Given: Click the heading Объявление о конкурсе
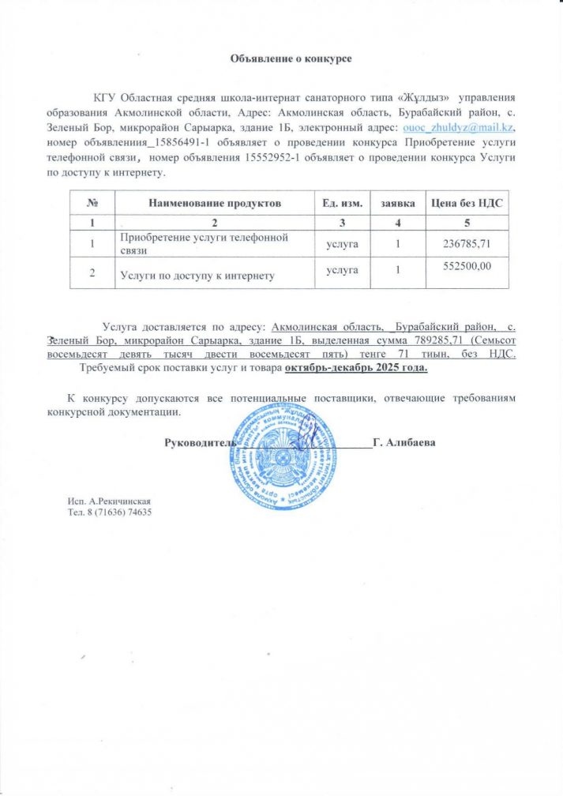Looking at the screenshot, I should click(x=290, y=58).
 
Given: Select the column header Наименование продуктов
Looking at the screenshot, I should click(x=214, y=203).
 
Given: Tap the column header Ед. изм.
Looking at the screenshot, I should click(x=343, y=203).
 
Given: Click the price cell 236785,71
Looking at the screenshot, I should click(x=468, y=243).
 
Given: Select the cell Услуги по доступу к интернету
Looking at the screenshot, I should click(x=197, y=275).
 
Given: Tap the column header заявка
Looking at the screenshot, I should click(x=399, y=203).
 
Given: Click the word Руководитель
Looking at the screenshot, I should click(x=197, y=443).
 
